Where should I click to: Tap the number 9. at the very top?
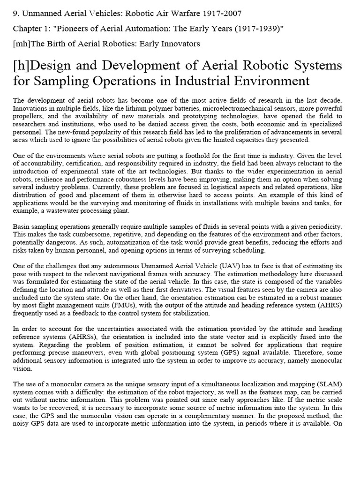(16, 13)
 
